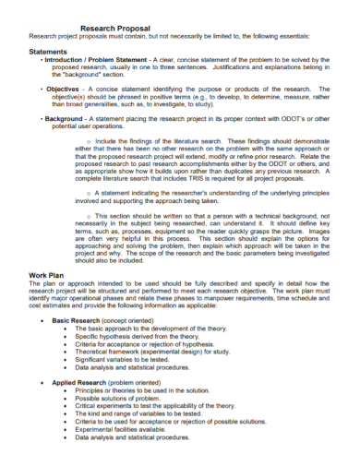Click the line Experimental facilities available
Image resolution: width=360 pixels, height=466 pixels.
click(134, 453)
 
